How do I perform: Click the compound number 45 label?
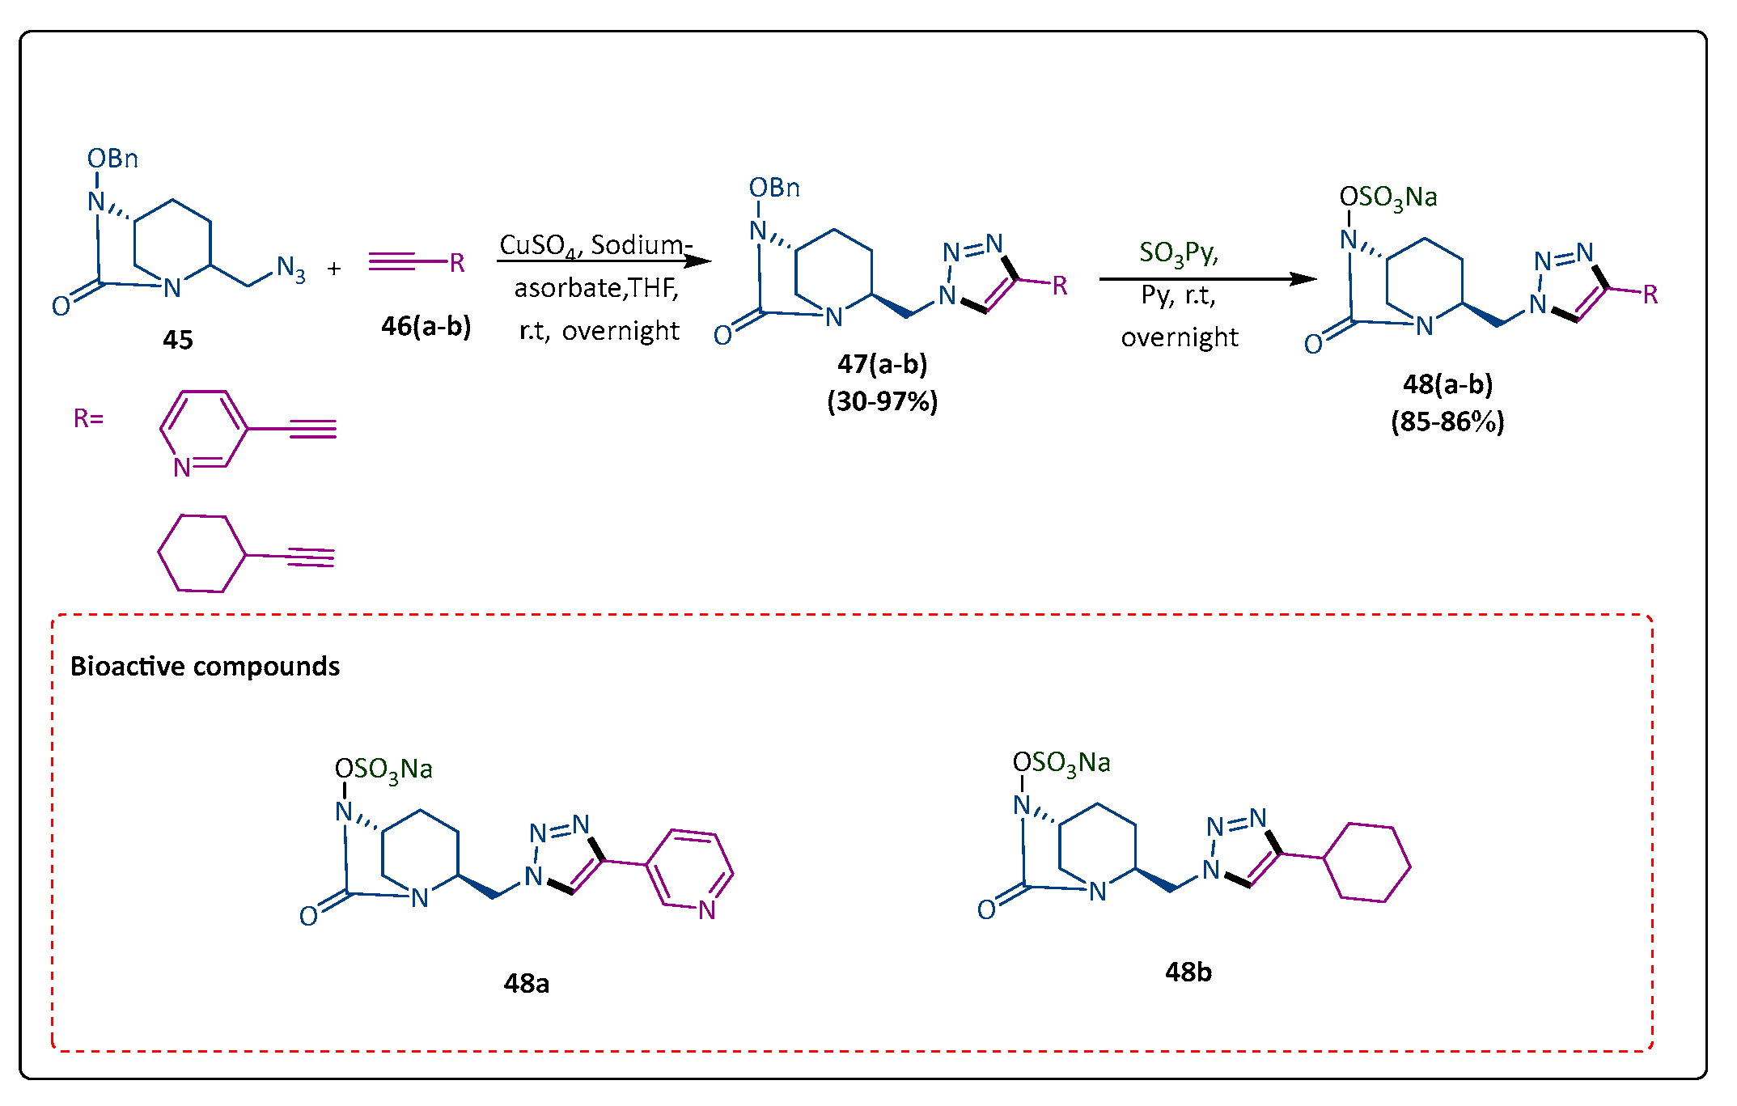(x=178, y=339)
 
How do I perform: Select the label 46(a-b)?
(x=426, y=326)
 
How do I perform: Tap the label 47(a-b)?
(x=882, y=364)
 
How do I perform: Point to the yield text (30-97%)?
(x=882, y=401)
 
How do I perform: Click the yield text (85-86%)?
(x=1447, y=422)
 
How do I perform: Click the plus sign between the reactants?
(x=334, y=269)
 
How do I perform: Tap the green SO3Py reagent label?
(x=1178, y=252)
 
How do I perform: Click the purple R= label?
(x=88, y=418)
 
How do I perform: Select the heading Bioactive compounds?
(x=205, y=666)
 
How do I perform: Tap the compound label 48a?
(x=526, y=983)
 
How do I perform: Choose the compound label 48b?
(x=1188, y=972)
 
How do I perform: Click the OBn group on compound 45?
(x=112, y=159)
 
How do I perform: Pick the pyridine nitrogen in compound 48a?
(x=707, y=910)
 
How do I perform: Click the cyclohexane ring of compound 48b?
(x=1366, y=862)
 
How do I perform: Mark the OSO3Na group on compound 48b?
(x=1061, y=763)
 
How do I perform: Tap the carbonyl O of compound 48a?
(x=308, y=916)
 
